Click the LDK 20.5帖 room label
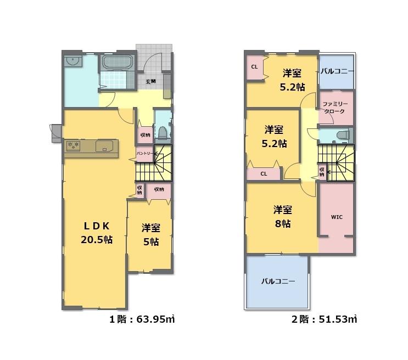coord(97,233)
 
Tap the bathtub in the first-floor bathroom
coord(118,63)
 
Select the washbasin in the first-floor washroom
coord(72,61)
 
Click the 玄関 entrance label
coord(150,81)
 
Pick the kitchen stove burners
coord(73,145)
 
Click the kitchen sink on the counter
coord(104,146)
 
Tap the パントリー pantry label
coord(144,154)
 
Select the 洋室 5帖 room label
coord(150,235)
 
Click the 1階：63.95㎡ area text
coord(142,319)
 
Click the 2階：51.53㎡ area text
coord(324,319)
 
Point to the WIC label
coord(337,217)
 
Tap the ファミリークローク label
coord(335,108)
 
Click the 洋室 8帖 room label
coord(283,217)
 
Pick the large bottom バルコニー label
coord(278,282)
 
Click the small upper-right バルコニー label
coord(337,71)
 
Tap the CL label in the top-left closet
coord(254,67)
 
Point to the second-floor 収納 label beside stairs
coord(322,171)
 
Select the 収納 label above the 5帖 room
coord(159,189)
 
